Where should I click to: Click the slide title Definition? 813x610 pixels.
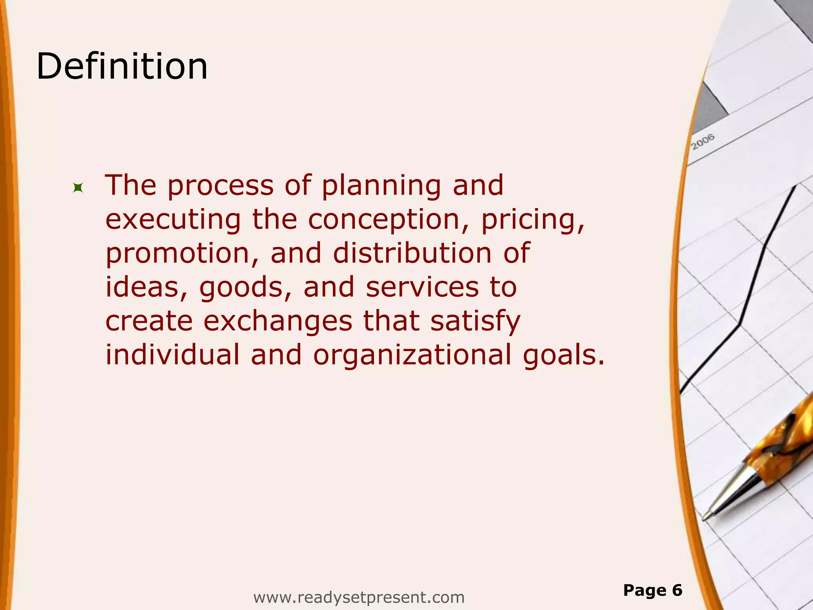coord(122,66)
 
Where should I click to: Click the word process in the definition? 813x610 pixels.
coord(220,186)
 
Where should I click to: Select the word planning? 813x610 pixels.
coord(381,186)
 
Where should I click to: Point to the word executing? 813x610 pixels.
coord(173,220)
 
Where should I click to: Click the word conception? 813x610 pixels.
coord(383,220)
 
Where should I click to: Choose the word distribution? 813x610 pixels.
coord(412,253)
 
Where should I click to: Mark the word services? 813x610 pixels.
coord(422,287)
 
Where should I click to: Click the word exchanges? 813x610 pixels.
coord(278,321)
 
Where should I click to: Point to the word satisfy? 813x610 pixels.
coord(475,321)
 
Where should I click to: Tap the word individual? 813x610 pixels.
coord(172,355)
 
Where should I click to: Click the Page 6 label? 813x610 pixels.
coord(653,591)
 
